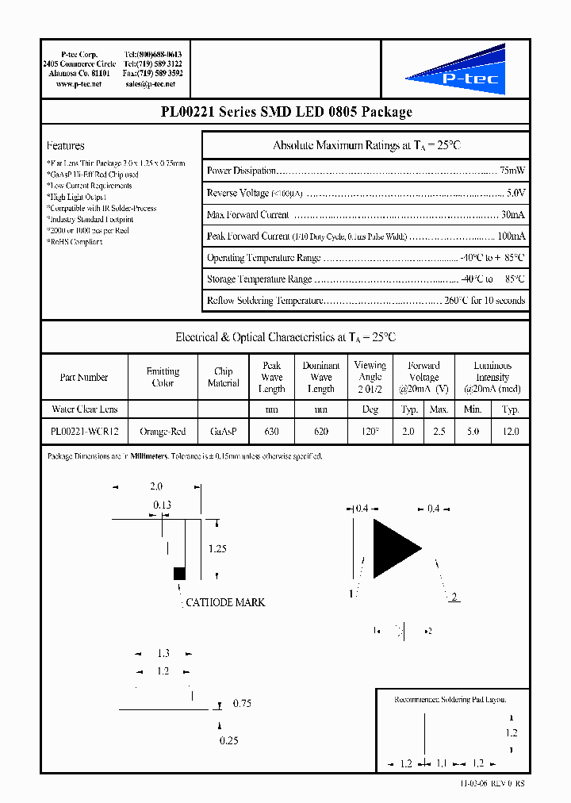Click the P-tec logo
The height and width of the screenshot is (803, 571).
[455, 70]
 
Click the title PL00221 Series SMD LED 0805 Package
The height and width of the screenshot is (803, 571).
[285, 112]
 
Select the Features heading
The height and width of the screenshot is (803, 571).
[65, 146]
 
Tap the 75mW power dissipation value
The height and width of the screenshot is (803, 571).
[512, 171]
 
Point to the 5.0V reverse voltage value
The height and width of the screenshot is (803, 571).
[515, 193]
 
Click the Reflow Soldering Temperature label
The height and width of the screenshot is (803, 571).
[263, 301]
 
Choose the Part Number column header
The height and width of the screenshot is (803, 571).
[83, 378]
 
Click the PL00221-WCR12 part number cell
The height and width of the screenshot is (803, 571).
[83, 431]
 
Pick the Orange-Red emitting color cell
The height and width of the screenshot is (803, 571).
[163, 431]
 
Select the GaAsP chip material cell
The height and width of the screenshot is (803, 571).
[223, 431]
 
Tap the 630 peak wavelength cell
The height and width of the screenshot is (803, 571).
[271, 431]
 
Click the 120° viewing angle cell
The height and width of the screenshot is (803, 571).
[370, 431]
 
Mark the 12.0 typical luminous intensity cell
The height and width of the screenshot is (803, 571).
[511, 431]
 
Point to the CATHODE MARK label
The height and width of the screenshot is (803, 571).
[225, 602]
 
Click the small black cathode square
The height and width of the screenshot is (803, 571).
[179, 573]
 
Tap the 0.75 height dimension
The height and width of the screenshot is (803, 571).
[242, 704]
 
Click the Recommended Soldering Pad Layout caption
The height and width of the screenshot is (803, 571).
[450, 700]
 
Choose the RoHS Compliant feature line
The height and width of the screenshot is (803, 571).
[75, 242]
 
